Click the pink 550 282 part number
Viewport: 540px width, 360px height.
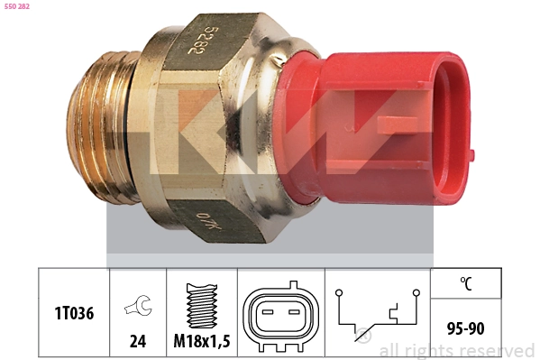[x=17, y=6]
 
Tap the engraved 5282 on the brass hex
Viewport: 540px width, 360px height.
[x=198, y=40]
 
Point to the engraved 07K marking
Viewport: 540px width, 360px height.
[x=209, y=222]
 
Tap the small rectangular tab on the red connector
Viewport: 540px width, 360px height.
[x=397, y=125]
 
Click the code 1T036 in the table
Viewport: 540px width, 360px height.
[x=74, y=313]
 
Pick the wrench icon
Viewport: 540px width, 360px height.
[x=139, y=305]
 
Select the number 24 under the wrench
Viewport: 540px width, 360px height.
[x=138, y=341]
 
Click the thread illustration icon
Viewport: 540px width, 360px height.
[x=202, y=306]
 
